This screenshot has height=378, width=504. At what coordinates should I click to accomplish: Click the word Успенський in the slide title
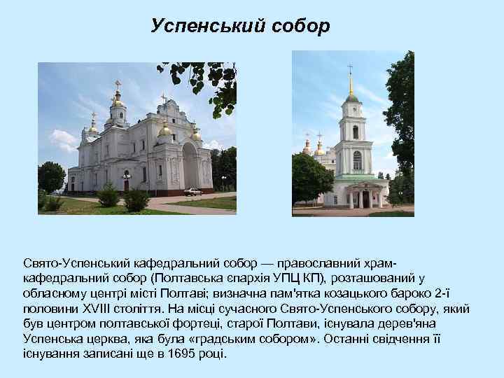[202, 27]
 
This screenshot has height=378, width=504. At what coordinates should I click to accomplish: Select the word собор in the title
[298, 27]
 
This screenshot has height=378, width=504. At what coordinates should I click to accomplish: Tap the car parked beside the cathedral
[193, 191]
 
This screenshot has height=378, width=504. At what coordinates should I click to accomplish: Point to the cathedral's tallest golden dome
[117, 101]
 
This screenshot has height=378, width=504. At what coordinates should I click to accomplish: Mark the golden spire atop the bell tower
[351, 85]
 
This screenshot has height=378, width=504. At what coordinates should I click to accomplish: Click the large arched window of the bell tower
[357, 161]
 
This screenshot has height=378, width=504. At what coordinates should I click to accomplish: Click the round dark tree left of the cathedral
[51, 177]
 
